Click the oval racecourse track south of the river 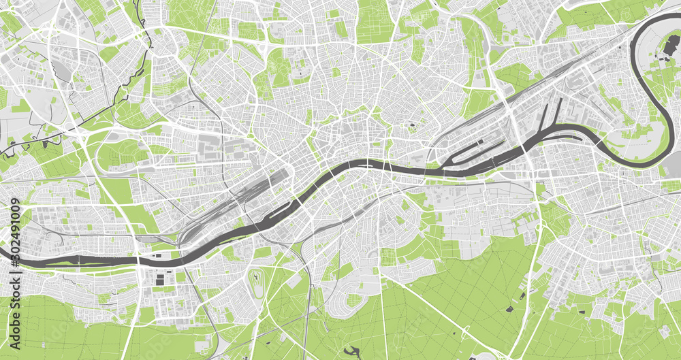[257, 284]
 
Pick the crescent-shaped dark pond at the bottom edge [352, 352]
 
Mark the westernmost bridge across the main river [140, 259]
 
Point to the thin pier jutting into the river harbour [559, 112]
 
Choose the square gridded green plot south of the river [388, 257]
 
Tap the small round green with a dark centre [411, 127]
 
